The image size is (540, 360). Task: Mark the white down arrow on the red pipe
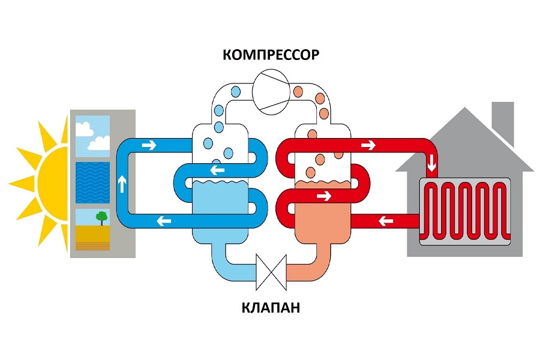click(x=430, y=164)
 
